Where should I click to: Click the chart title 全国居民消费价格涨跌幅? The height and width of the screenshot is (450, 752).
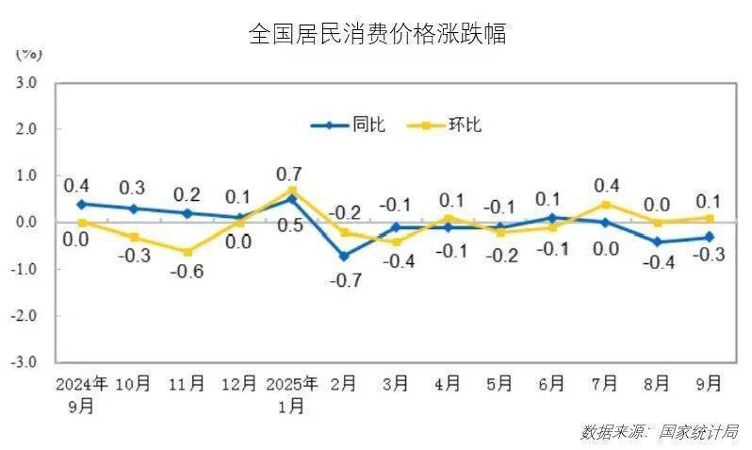[376, 34]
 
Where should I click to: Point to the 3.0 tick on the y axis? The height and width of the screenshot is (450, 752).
[25, 82]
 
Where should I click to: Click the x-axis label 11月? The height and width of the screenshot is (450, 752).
[187, 384]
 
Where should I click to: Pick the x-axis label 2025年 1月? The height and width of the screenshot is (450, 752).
[291, 394]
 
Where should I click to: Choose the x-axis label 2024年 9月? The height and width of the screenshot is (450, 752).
[82, 394]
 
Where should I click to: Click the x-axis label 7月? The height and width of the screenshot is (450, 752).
[604, 384]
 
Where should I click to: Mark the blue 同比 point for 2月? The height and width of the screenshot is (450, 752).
[344, 256]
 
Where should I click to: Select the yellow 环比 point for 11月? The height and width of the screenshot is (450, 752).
[187, 252]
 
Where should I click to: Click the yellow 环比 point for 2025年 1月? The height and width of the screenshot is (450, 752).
[291, 190]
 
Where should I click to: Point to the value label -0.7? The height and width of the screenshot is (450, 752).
[344, 281]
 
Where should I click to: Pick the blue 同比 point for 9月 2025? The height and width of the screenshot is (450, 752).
[709, 237]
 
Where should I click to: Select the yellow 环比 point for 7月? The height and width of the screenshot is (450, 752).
[604, 204]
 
